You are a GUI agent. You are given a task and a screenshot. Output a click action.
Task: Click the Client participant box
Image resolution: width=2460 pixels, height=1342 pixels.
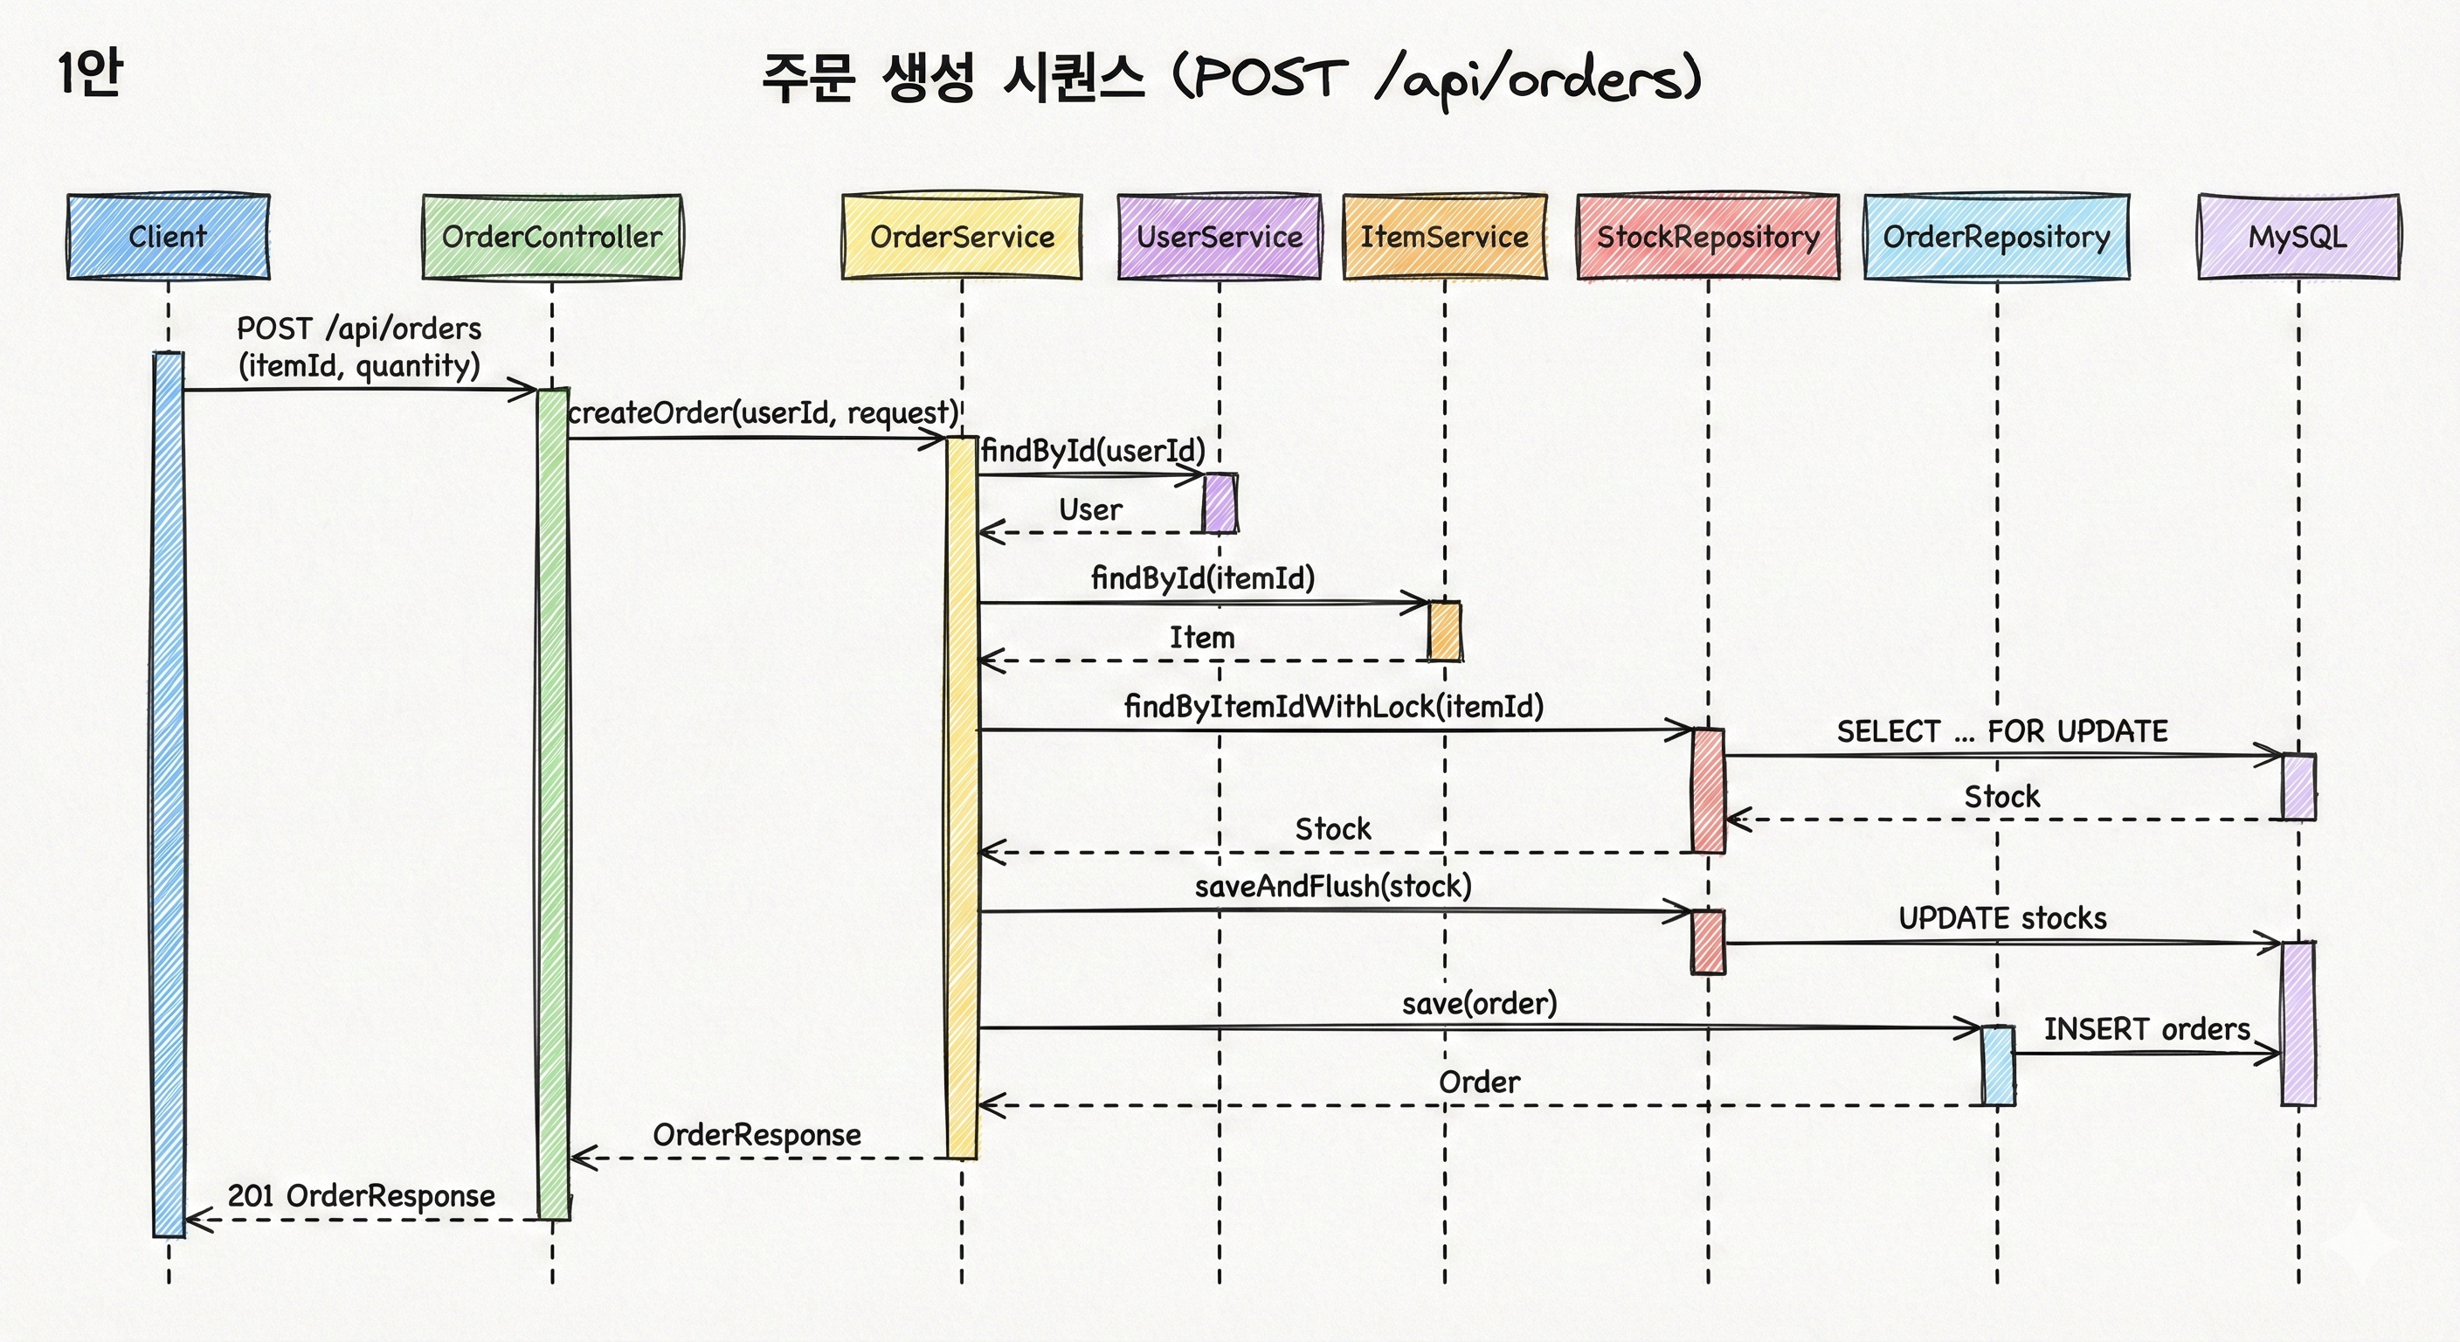pos(168,237)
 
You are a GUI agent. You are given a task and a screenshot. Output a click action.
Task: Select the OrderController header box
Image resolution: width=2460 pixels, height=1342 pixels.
pos(552,237)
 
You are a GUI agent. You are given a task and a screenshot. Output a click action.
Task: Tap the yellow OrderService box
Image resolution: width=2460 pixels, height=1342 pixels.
pos(962,237)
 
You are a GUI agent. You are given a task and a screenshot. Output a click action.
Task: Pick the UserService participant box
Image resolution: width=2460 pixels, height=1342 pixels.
pos(1220,237)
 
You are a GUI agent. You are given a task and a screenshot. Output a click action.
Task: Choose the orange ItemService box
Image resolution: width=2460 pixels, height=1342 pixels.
pos(1444,237)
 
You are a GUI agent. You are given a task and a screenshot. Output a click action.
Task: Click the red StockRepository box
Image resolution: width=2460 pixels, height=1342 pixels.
pos(1708,237)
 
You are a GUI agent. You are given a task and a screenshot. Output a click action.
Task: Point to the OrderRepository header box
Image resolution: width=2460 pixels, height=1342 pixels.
pos(1997,237)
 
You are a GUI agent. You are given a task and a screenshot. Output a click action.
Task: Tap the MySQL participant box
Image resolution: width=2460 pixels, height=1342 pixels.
pos(2298,237)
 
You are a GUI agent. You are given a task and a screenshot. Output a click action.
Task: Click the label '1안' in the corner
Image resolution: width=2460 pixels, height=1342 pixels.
pos(89,73)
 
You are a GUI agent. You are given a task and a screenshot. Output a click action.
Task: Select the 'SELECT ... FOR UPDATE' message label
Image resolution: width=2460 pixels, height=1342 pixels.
pos(2001,731)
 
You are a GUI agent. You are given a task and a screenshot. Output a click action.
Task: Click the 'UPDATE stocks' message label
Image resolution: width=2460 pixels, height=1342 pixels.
pos(2001,919)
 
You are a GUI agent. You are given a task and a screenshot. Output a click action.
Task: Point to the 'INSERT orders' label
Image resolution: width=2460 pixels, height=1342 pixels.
pos(2146,1030)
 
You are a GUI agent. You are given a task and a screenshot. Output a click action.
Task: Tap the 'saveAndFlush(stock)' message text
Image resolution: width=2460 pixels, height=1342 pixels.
pos(1333,887)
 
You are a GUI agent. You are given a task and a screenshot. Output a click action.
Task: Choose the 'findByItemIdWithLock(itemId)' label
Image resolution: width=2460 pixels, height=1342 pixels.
pos(1333,707)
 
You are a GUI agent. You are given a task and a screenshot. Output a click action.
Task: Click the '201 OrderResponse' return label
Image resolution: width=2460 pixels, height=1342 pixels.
pos(361,1196)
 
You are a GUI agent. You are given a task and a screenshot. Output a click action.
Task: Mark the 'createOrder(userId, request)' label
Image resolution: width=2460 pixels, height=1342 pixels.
pos(762,412)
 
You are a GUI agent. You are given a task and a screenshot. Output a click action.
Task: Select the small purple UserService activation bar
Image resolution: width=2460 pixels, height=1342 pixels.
pos(1220,503)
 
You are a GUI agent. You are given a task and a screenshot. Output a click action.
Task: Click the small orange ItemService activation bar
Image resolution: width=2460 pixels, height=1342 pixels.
pos(1444,632)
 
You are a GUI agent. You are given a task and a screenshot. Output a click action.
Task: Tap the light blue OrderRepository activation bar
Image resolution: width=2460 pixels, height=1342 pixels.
pos(1997,1066)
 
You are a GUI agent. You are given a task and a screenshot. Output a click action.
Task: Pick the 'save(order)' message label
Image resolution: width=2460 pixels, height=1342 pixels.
pos(1479,1004)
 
